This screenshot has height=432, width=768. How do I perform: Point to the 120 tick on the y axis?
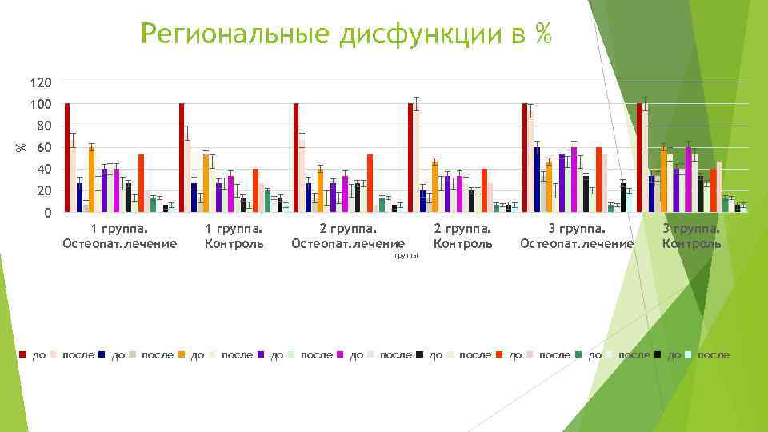point(41,83)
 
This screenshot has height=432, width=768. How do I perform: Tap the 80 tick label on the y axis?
point(44,126)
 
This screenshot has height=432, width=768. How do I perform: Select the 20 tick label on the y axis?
point(44,191)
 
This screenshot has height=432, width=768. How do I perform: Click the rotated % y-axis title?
point(22,146)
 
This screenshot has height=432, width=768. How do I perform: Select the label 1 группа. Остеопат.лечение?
point(119,236)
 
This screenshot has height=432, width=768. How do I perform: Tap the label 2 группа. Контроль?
point(462,236)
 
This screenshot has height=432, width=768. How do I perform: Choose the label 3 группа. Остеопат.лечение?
point(576,236)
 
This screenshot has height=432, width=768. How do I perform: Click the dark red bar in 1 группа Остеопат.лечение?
point(67,158)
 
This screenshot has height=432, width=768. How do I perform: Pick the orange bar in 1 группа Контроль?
point(206,183)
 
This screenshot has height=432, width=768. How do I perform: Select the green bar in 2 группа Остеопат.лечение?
point(382,205)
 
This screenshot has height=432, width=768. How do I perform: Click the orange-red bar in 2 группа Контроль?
point(484,190)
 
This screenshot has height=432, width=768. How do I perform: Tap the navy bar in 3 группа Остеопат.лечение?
point(537,180)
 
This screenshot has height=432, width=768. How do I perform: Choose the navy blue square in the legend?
point(102,354)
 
